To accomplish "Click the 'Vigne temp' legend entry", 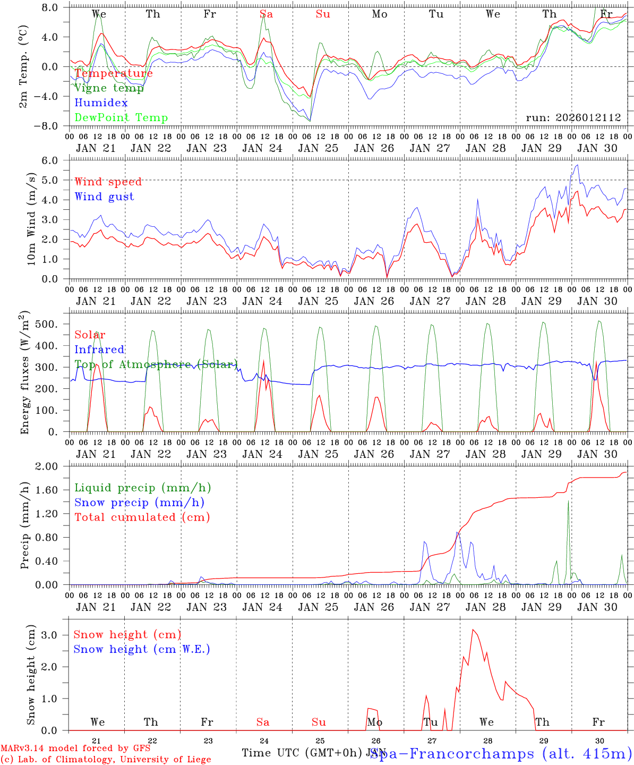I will coord(109,88).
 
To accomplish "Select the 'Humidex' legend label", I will coord(101,103).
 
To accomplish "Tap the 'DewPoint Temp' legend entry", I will coord(121,118).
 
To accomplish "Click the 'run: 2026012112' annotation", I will coord(573,118).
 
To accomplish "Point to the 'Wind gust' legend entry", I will coord(104,197).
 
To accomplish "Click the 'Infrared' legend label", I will coord(99,350).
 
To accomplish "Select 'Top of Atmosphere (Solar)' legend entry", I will coord(156,364).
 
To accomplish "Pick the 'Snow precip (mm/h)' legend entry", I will coord(139,503).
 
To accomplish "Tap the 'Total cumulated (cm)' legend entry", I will coord(142,517).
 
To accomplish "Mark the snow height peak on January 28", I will coord(473,630).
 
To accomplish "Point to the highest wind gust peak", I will coord(577,165).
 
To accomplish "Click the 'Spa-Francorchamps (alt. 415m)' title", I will coord(501,753).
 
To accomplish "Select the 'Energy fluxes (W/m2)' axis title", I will coord(25,373).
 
